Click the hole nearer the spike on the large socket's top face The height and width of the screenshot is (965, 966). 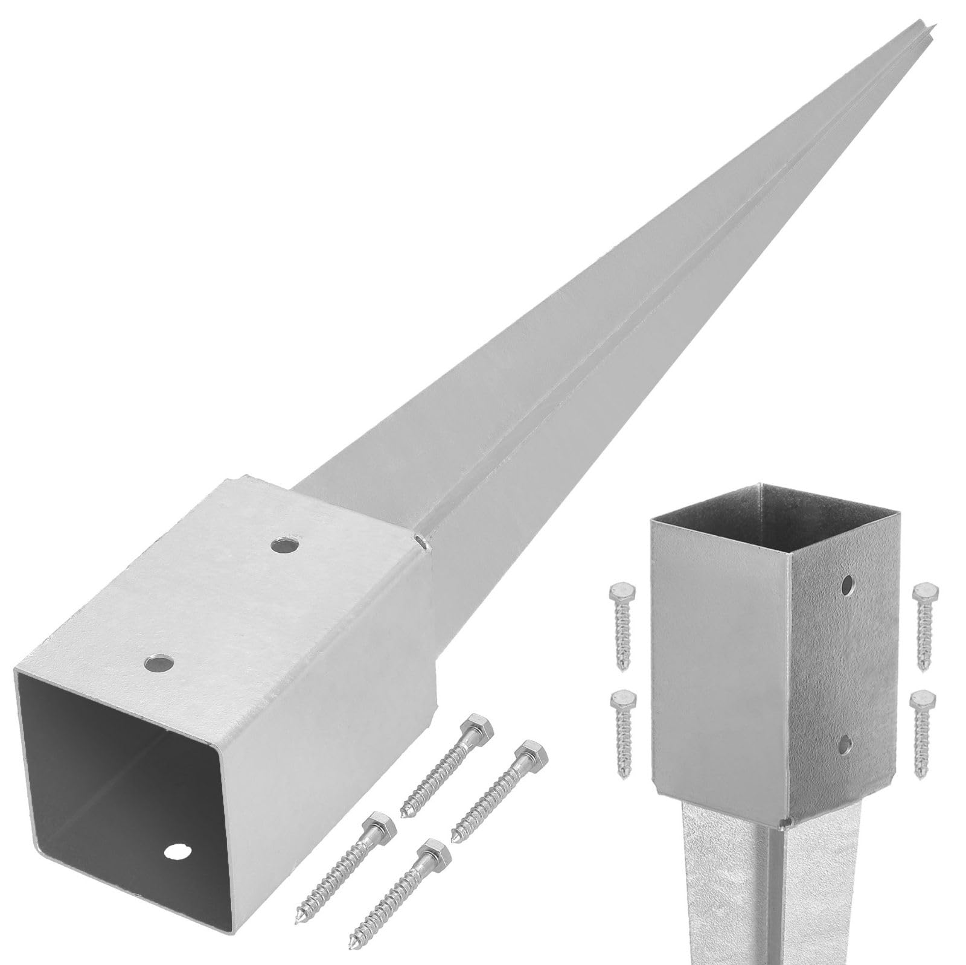pos(286,546)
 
